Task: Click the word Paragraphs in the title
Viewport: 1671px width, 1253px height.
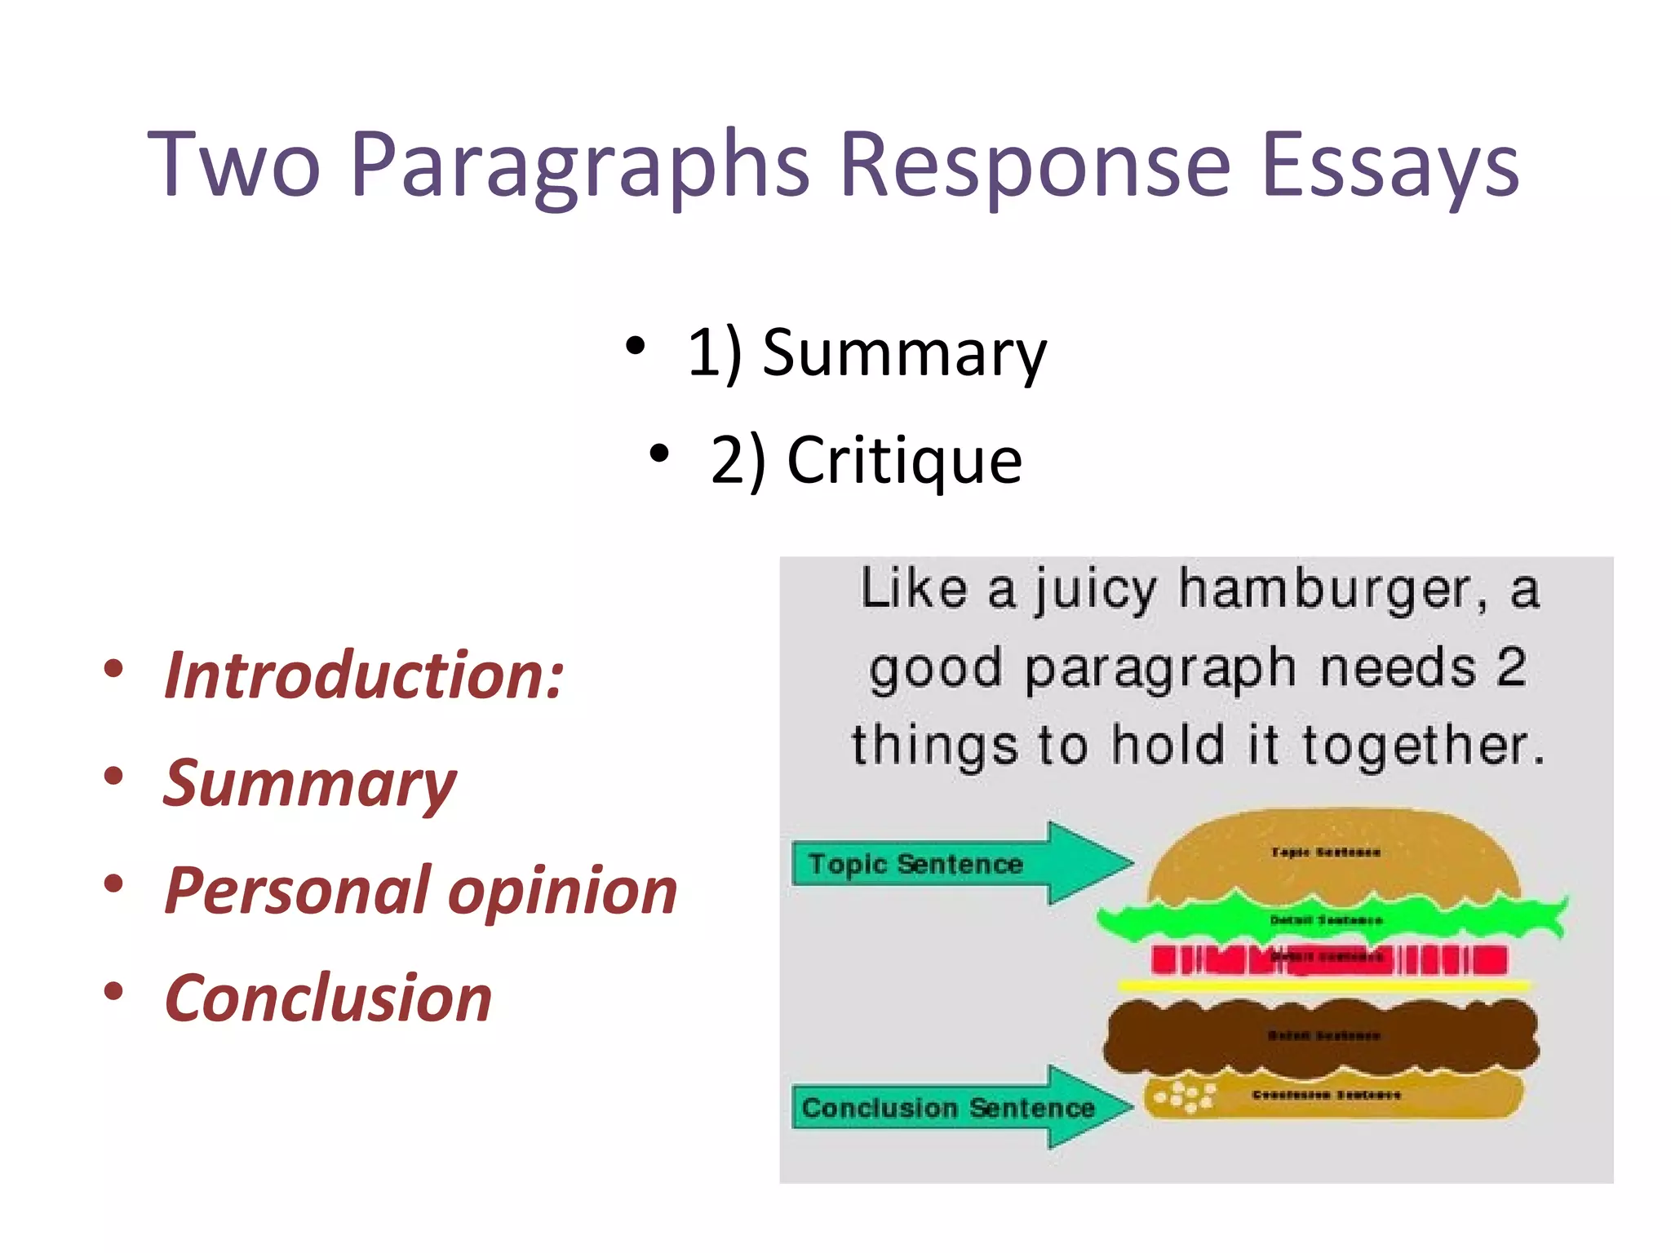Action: click(x=580, y=166)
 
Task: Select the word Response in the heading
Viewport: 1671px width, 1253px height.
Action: click(x=1035, y=166)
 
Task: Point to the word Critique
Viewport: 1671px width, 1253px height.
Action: click(x=904, y=460)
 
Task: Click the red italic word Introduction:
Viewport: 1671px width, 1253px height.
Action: click(x=364, y=675)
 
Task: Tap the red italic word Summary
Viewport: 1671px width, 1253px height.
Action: click(x=309, y=783)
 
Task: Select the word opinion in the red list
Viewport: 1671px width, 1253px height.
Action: click(x=563, y=890)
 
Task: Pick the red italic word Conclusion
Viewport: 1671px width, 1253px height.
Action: click(x=328, y=998)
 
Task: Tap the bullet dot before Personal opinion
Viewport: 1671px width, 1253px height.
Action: click(x=113, y=884)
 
